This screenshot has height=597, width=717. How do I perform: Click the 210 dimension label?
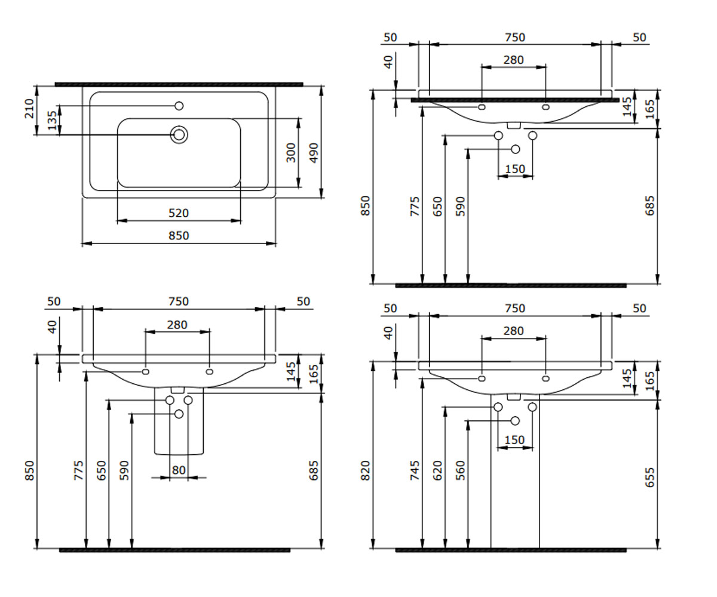[29, 109]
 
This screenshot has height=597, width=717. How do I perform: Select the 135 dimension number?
[52, 121]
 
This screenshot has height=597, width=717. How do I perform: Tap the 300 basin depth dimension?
[290, 153]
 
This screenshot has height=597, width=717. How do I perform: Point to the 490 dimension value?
[314, 153]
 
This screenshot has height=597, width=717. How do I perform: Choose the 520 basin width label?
[179, 213]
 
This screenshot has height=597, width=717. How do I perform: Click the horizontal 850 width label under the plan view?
[179, 236]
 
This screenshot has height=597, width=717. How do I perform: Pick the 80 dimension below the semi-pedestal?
[179, 470]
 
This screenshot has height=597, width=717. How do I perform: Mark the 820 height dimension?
[366, 470]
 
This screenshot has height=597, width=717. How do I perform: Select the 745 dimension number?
[415, 470]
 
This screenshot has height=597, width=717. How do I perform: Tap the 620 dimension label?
[437, 470]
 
